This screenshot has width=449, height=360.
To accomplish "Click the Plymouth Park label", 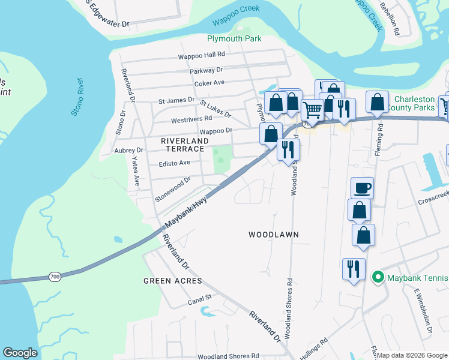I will tap(234, 38).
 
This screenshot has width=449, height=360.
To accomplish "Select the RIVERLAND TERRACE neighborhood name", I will tap(184, 145).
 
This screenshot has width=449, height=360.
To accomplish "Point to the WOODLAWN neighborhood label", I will tap(274, 235).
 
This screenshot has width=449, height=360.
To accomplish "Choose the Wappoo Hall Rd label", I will tap(200, 56).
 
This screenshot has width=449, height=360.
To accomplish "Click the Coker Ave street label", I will tap(209, 83).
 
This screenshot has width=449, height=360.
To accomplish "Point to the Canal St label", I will tap(200, 297).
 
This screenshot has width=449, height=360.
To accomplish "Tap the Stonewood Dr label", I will tap(172, 180).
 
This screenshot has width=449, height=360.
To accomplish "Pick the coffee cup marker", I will tap(362, 188).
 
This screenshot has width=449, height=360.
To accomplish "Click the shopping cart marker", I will tap(312, 110).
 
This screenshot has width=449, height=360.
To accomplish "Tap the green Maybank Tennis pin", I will tap(378, 277).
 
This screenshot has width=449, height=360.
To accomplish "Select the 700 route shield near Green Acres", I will tap(55, 277).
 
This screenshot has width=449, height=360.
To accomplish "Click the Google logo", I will tap(20, 353).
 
